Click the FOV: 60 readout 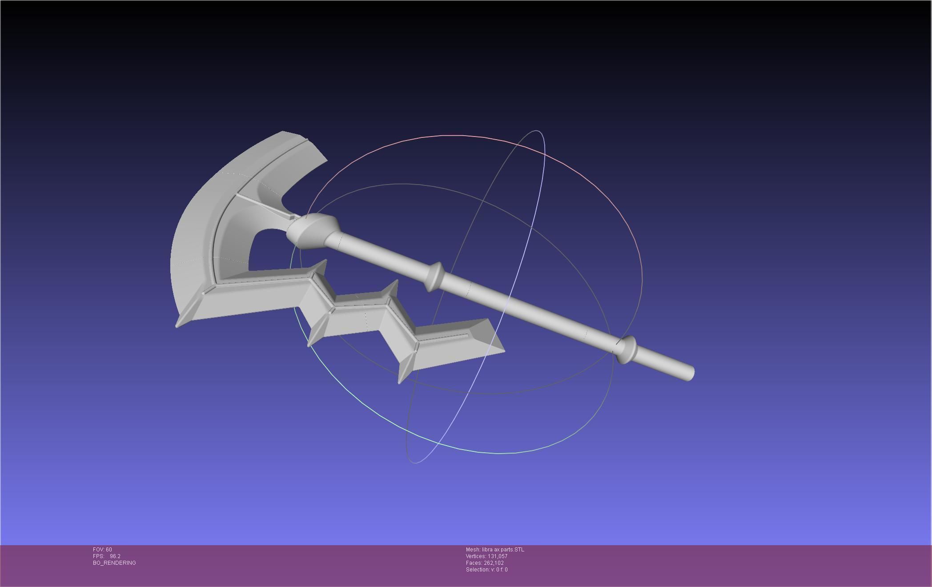[x=102, y=550]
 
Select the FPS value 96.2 [x=115, y=556]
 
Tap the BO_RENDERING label [x=114, y=563]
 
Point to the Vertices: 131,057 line [x=486, y=556]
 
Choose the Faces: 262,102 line [x=485, y=563]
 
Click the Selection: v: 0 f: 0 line [x=486, y=570]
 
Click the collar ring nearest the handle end [x=627, y=349]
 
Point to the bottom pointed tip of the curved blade [x=178, y=325]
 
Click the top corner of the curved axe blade [x=285, y=132]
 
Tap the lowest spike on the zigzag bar [x=400, y=380]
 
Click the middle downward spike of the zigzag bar [x=310, y=343]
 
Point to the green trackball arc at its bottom [x=498, y=453]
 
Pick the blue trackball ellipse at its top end [x=537, y=131]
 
